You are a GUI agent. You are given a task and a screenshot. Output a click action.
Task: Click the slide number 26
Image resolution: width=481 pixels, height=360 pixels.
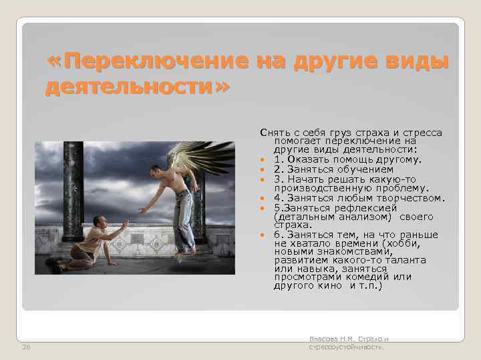coord(26,347)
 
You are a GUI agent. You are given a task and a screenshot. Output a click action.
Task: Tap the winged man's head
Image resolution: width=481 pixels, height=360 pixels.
coord(156,171)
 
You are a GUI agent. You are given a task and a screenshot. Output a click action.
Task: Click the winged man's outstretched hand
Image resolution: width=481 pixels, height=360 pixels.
coord(142,210)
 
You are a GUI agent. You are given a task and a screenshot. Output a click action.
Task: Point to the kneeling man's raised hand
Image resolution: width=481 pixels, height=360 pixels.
coord(124,225)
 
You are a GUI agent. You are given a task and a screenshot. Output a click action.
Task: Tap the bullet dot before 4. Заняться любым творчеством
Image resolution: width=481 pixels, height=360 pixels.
coord(264,198)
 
